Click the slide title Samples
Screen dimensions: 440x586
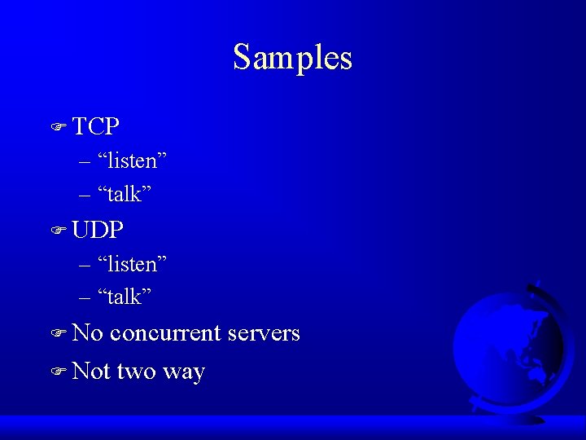pos(292,58)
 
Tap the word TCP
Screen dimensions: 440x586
pos(96,126)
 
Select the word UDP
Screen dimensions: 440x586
pos(98,231)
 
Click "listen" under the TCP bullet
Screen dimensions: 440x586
pos(132,161)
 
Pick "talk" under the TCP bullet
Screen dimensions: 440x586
pos(125,195)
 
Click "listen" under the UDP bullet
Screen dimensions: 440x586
pos(132,264)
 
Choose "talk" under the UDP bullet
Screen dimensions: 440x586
pos(125,297)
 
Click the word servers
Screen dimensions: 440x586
pos(264,333)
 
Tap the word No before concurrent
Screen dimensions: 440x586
pos(88,333)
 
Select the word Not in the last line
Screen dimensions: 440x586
pos(91,372)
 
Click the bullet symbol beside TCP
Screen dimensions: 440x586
pos(57,127)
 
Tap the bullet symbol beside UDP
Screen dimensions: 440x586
pos(57,231)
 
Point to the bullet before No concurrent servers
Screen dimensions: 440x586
pos(57,334)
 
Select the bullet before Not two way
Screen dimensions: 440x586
pos(57,372)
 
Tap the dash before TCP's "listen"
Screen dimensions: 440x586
pos(86,162)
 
